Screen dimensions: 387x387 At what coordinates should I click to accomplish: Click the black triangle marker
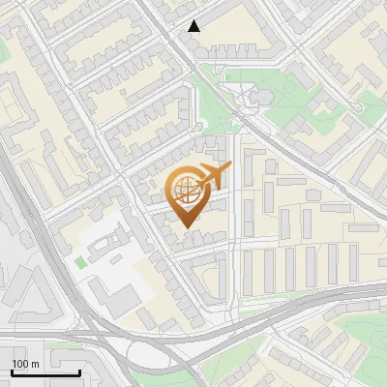pos(194,26)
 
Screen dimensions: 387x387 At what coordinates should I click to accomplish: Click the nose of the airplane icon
pos(229,168)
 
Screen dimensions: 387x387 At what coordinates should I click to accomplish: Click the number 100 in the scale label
pos(20,364)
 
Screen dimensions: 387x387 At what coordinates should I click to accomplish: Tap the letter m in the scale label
pos(35,364)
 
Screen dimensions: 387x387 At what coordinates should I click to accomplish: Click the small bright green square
pos(79,261)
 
